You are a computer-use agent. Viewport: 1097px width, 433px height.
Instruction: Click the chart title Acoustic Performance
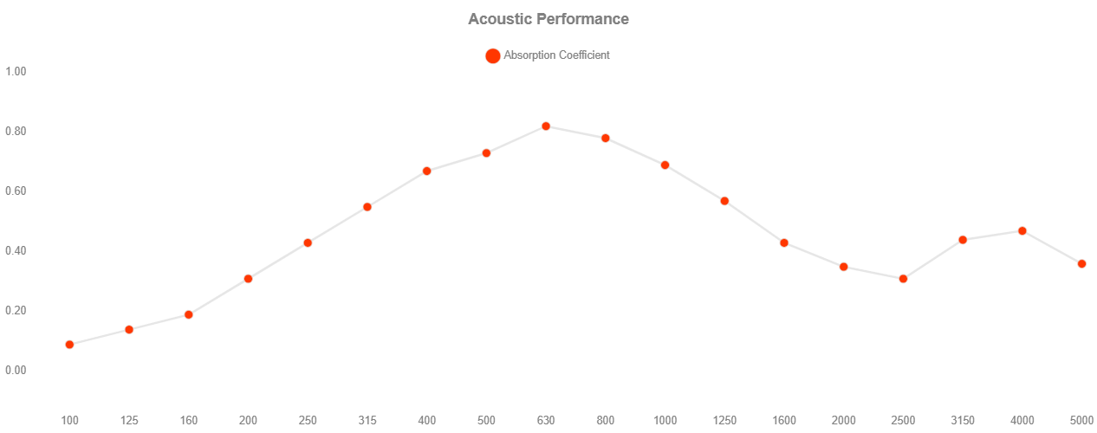(548, 19)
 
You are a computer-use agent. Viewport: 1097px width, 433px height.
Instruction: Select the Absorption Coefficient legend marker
(492, 55)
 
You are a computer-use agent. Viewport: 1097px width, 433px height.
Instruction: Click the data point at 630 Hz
(546, 126)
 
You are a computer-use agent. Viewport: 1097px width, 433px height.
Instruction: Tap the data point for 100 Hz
(69, 345)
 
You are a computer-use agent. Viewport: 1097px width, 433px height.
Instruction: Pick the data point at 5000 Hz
(1081, 263)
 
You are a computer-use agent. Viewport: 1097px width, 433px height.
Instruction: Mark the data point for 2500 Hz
(903, 279)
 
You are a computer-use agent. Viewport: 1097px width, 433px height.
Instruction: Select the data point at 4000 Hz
(1022, 231)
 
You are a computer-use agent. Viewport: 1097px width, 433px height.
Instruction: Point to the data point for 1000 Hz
(665, 165)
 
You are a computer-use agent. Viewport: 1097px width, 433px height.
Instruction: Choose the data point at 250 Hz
(308, 242)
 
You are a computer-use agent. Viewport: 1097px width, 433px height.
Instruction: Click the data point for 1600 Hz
(784, 242)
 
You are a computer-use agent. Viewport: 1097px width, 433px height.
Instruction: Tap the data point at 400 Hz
(426, 171)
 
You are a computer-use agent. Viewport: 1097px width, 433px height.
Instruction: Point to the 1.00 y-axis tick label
(16, 71)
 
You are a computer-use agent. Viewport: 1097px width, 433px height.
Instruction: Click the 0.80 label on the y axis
(16, 131)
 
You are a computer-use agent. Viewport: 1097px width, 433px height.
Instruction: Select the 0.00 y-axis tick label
(16, 371)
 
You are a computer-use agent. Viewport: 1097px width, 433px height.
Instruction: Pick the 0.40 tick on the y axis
(16, 251)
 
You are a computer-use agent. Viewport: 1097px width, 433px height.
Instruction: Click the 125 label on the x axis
(129, 421)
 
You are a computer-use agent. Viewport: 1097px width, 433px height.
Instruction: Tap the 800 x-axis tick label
(606, 421)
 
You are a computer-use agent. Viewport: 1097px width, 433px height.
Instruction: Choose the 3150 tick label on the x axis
(963, 421)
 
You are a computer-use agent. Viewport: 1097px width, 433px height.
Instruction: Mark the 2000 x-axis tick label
(843, 421)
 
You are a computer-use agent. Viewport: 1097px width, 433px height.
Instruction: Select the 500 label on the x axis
(486, 421)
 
